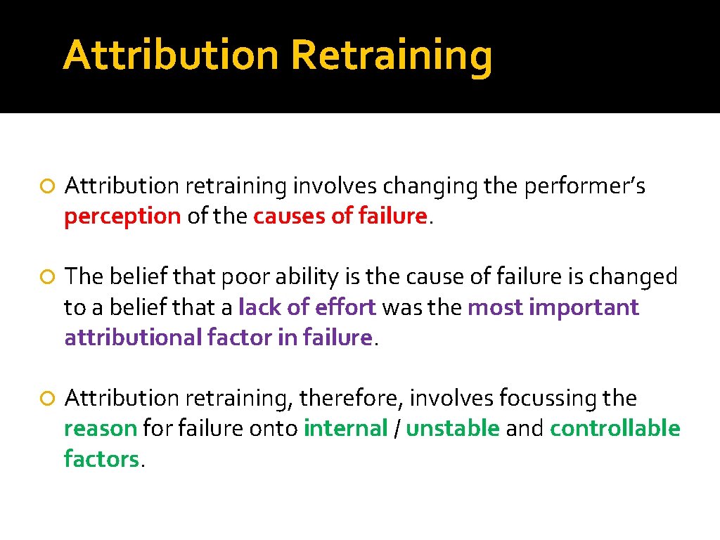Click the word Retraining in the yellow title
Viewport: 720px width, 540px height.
391,56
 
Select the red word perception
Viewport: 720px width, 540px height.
122,217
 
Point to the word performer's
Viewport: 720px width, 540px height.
595,186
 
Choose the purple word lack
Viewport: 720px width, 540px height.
257,307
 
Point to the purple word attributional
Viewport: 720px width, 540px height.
133,337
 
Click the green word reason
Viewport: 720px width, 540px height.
100,428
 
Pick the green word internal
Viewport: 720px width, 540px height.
345,428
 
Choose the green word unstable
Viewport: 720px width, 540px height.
453,428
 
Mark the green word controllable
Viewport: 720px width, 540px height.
615,428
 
